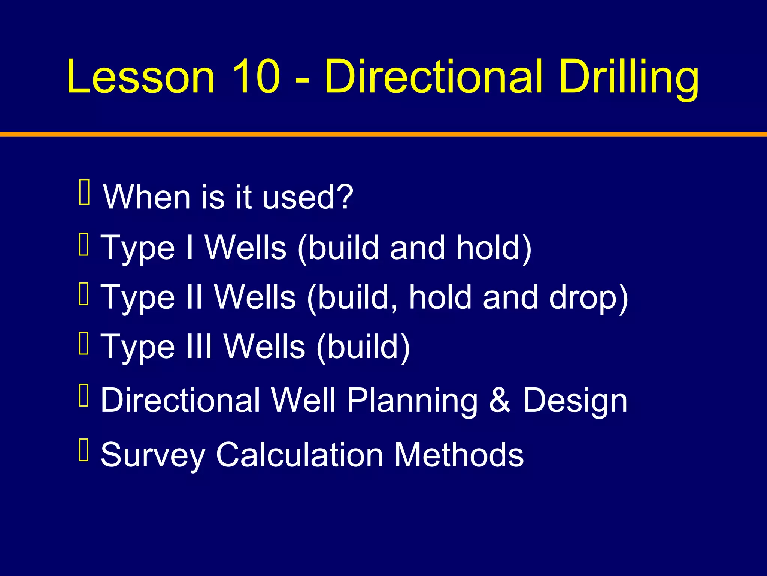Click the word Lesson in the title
(x=141, y=77)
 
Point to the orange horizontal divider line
(x=383, y=134)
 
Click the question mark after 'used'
(x=344, y=197)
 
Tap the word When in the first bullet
(x=147, y=197)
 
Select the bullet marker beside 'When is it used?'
(x=84, y=192)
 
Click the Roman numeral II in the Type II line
(x=194, y=297)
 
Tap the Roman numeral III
(x=199, y=346)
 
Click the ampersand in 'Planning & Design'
(x=500, y=400)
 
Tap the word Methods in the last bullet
(x=459, y=455)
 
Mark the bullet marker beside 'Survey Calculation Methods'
(x=84, y=449)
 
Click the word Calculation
(x=300, y=455)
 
